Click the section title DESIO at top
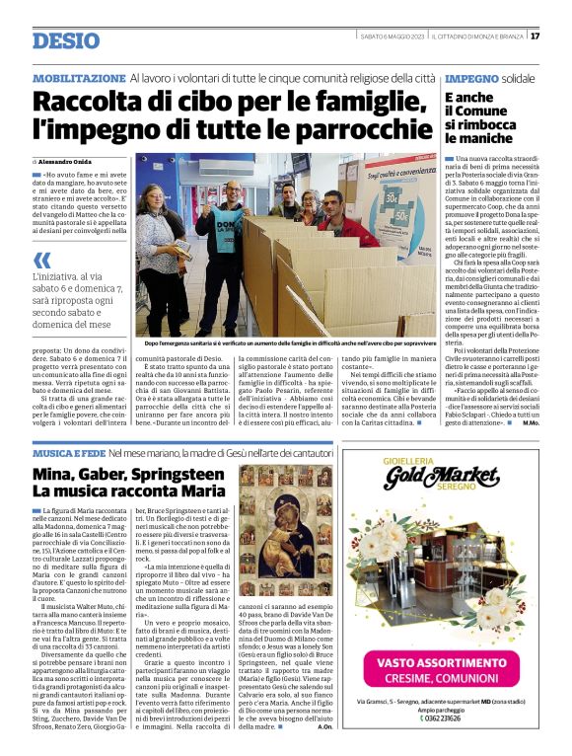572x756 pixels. point(66,40)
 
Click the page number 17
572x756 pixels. point(562,37)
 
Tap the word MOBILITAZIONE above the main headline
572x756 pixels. point(79,78)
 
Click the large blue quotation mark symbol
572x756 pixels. point(42,262)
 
